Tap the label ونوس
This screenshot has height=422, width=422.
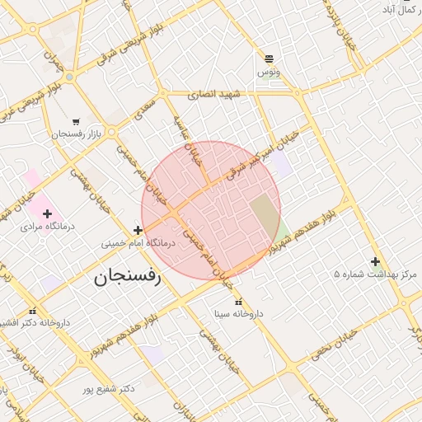[269, 73]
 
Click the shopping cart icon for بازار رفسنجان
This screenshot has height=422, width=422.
[76, 121]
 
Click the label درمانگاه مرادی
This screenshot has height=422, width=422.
[47, 225]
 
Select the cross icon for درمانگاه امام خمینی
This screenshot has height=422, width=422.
[137, 231]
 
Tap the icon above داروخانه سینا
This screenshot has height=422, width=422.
[238, 302]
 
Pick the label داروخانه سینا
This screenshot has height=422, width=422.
[238, 314]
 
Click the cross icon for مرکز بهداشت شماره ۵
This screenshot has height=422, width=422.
[375, 261]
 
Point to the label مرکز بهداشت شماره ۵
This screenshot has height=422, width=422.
[376, 274]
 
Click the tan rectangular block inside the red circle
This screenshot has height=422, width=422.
[265, 215]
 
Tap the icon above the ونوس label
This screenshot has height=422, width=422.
[269, 58]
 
